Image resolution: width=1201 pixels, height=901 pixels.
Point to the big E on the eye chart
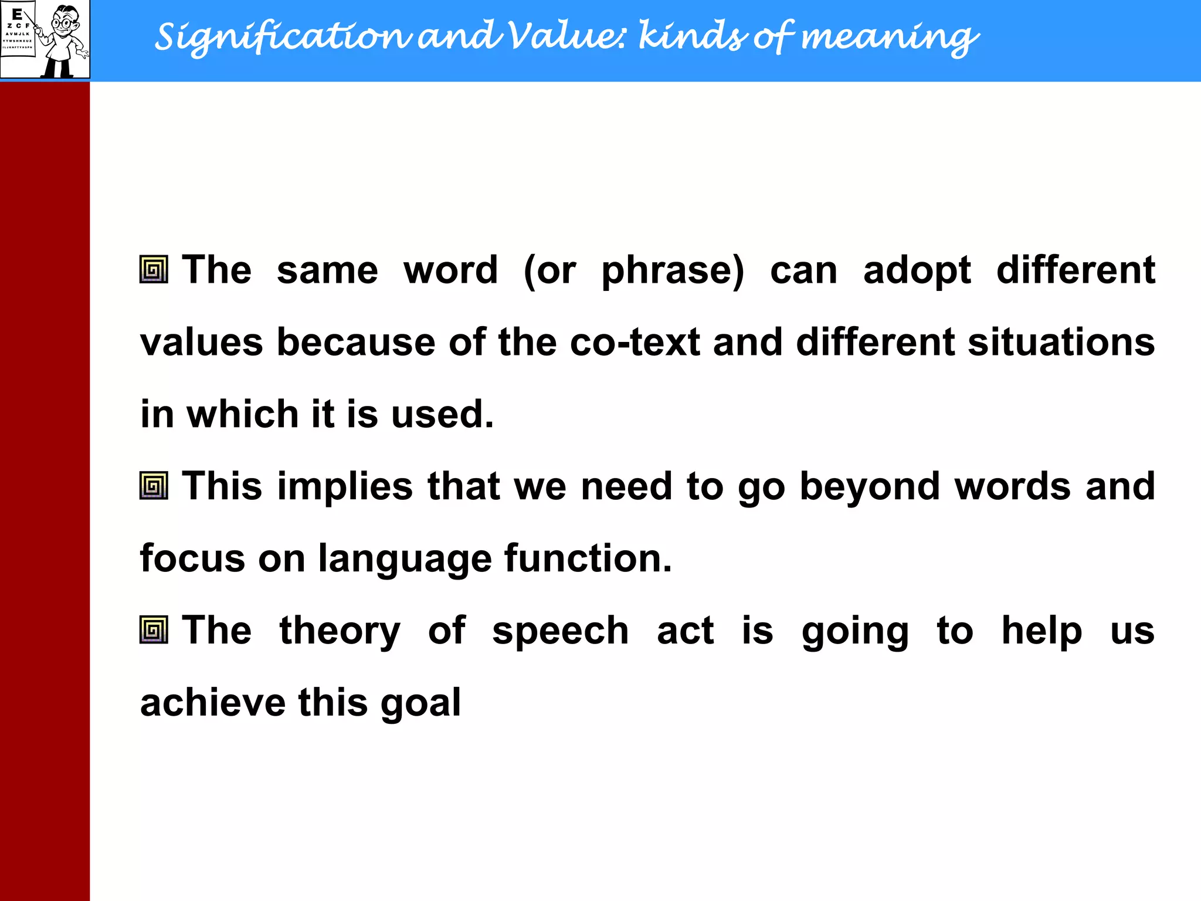(17, 14)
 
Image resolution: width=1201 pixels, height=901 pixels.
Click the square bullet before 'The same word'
(154, 270)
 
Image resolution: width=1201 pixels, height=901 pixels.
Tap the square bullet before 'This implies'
(154, 486)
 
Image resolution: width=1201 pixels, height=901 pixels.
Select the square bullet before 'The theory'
(154, 630)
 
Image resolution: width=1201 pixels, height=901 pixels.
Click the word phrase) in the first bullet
(673, 271)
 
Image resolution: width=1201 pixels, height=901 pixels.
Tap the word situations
(1061, 342)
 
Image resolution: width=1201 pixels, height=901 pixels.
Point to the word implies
(345, 487)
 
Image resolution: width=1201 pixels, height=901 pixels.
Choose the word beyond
(869, 487)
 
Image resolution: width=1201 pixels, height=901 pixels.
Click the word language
(405, 559)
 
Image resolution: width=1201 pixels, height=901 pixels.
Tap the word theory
(340, 632)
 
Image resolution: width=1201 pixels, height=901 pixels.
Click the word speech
(560, 632)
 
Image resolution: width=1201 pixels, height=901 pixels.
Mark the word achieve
(212, 702)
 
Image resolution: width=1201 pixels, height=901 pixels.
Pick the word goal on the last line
(420, 703)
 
